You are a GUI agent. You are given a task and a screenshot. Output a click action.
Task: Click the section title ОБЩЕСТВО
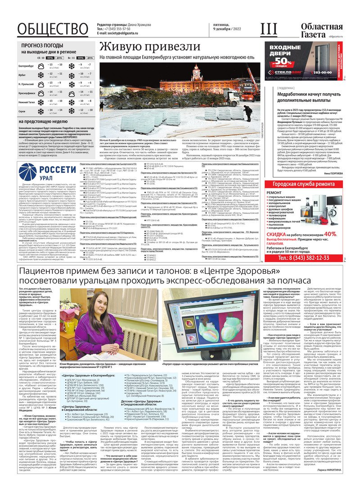pyautogui.click(x=52, y=29)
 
